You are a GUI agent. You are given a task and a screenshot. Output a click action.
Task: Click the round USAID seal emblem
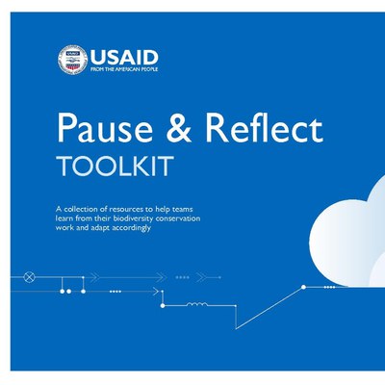click(x=72, y=60)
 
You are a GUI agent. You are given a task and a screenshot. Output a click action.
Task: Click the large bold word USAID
click(x=124, y=58)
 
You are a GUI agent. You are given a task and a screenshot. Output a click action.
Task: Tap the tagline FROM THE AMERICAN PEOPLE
click(x=124, y=69)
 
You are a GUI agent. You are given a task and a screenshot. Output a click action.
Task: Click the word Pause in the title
click(x=105, y=128)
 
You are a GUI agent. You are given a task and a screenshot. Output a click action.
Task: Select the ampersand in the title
click(x=179, y=128)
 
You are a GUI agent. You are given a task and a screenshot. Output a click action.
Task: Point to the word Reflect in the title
click(x=264, y=127)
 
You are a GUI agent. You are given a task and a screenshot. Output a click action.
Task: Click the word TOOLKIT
click(x=115, y=167)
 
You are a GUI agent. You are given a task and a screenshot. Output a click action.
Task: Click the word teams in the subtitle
click(x=182, y=209)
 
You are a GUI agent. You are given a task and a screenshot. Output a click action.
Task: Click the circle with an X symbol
click(x=29, y=277)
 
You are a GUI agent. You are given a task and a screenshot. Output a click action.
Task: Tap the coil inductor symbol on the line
click(x=197, y=304)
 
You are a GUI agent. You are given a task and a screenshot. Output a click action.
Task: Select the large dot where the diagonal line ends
click(x=303, y=287)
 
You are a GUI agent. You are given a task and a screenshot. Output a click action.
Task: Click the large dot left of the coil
click(x=163, y=306)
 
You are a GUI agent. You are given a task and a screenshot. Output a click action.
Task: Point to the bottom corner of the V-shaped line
click(x=236, y=329)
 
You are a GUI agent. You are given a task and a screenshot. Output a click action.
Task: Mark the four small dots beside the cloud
click(x=329, y=287)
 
